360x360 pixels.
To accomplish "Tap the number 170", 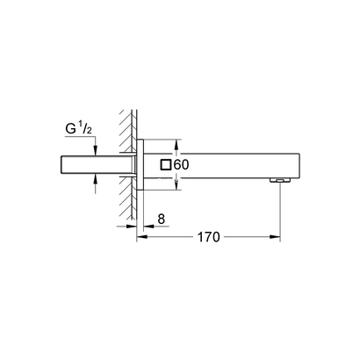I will point(208,237).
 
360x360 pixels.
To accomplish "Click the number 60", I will point(181,164).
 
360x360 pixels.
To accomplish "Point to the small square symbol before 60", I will point(165,164).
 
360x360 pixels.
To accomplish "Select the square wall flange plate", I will point(140,165).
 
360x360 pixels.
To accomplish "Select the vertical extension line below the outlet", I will point(280,211).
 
